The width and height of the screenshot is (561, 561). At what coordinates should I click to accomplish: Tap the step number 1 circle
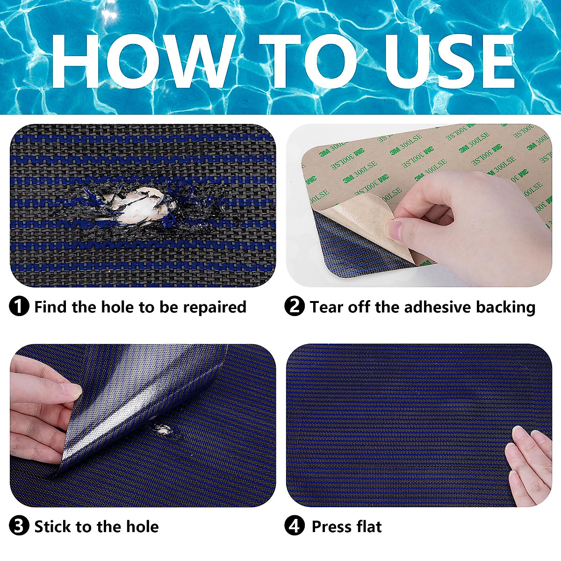19,307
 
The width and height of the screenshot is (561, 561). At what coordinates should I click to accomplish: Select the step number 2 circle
295,307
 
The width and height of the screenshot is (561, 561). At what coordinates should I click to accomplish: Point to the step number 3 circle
19,526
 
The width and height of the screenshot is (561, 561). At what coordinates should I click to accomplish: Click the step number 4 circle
295,526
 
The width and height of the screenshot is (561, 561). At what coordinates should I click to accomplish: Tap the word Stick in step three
52,526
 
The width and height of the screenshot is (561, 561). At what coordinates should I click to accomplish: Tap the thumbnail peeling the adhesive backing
394,230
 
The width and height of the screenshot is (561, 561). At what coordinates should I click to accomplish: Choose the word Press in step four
331,526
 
